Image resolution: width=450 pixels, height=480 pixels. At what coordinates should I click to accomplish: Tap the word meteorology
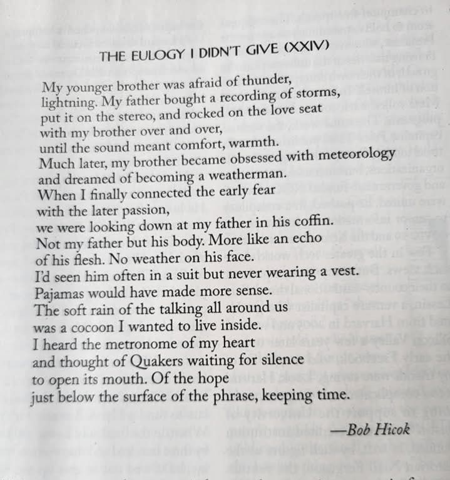(355, 155)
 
